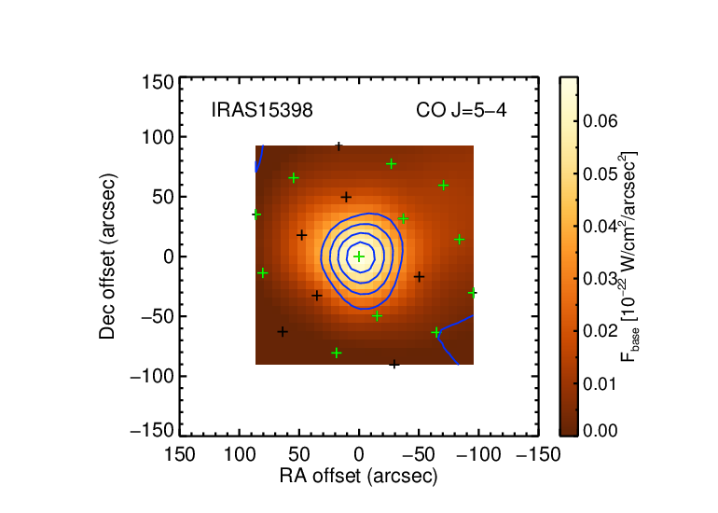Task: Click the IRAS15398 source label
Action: click(x=262, y=110)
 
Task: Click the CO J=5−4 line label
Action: click(x=462, y=110)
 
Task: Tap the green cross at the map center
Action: click(x=359, y=256)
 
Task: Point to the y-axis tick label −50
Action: click(x=157, y=316)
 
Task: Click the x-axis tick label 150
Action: click(x=179, y=455)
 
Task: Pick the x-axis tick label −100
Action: click(x=478, y=455)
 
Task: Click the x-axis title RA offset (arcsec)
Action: click(x=359, y=477)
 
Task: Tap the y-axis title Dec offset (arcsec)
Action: click(x=107, y=256)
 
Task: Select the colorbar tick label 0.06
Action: click(x=601, y=121)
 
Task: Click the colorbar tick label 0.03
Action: click(x=601, y=279)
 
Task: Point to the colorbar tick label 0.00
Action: click(x=601, y=431)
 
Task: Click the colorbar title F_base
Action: click(x=631, y=348)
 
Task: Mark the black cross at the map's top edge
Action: click(x=338, y=146)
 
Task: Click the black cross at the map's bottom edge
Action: click(x=394, y=364)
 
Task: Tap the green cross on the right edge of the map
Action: click(x=473, y=293)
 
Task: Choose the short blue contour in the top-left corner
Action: click(x=259, y=159)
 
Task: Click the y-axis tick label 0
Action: click(x=169, y=256)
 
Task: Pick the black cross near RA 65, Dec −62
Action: click(x=283, y=332)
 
